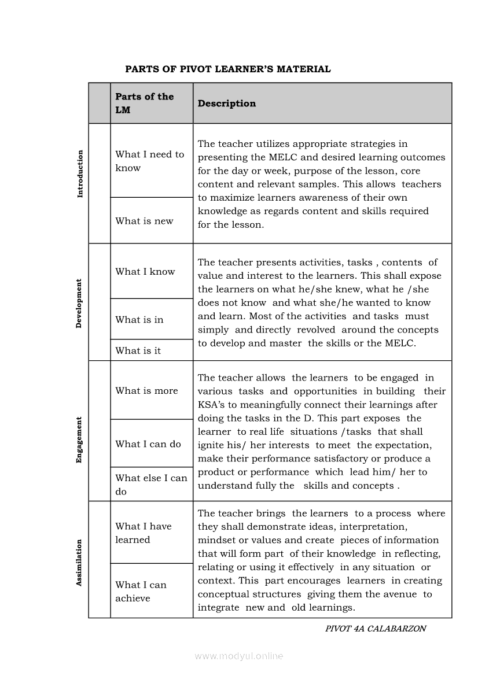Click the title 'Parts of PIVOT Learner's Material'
228,69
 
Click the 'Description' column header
226,104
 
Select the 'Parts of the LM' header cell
145,104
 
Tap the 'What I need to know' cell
149,161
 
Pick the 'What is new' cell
144,221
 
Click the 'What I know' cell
145,272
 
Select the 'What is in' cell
139,320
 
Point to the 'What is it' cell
138,350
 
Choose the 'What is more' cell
146,391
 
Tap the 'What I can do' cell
148,444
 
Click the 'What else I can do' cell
151,485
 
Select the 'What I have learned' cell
144,533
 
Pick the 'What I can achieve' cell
141,592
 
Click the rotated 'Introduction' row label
80,174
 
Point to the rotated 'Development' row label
79,304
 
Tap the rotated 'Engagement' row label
79,440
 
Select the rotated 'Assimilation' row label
79,563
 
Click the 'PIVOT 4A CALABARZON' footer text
376,629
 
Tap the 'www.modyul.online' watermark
239,656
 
